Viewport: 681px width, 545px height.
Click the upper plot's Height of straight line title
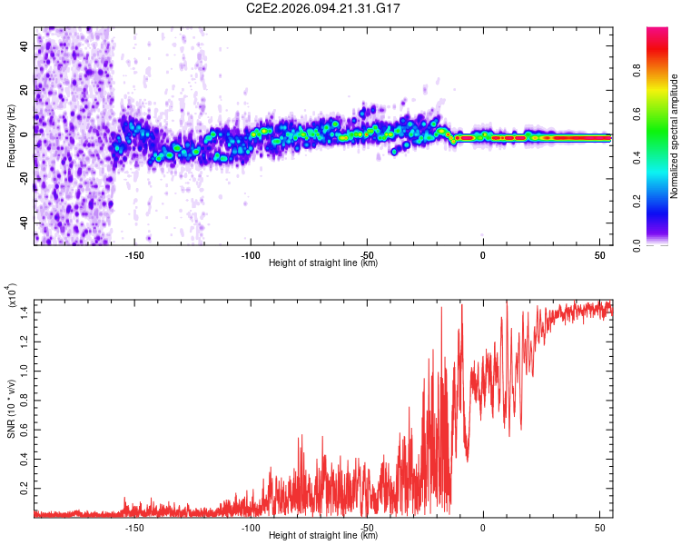(x=323, y=263)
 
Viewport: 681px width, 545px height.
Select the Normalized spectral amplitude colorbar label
(x=674, y=136)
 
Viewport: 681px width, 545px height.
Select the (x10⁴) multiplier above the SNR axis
(x=11, y=297)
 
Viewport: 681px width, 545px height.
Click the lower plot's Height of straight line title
(x=323, y=536)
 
